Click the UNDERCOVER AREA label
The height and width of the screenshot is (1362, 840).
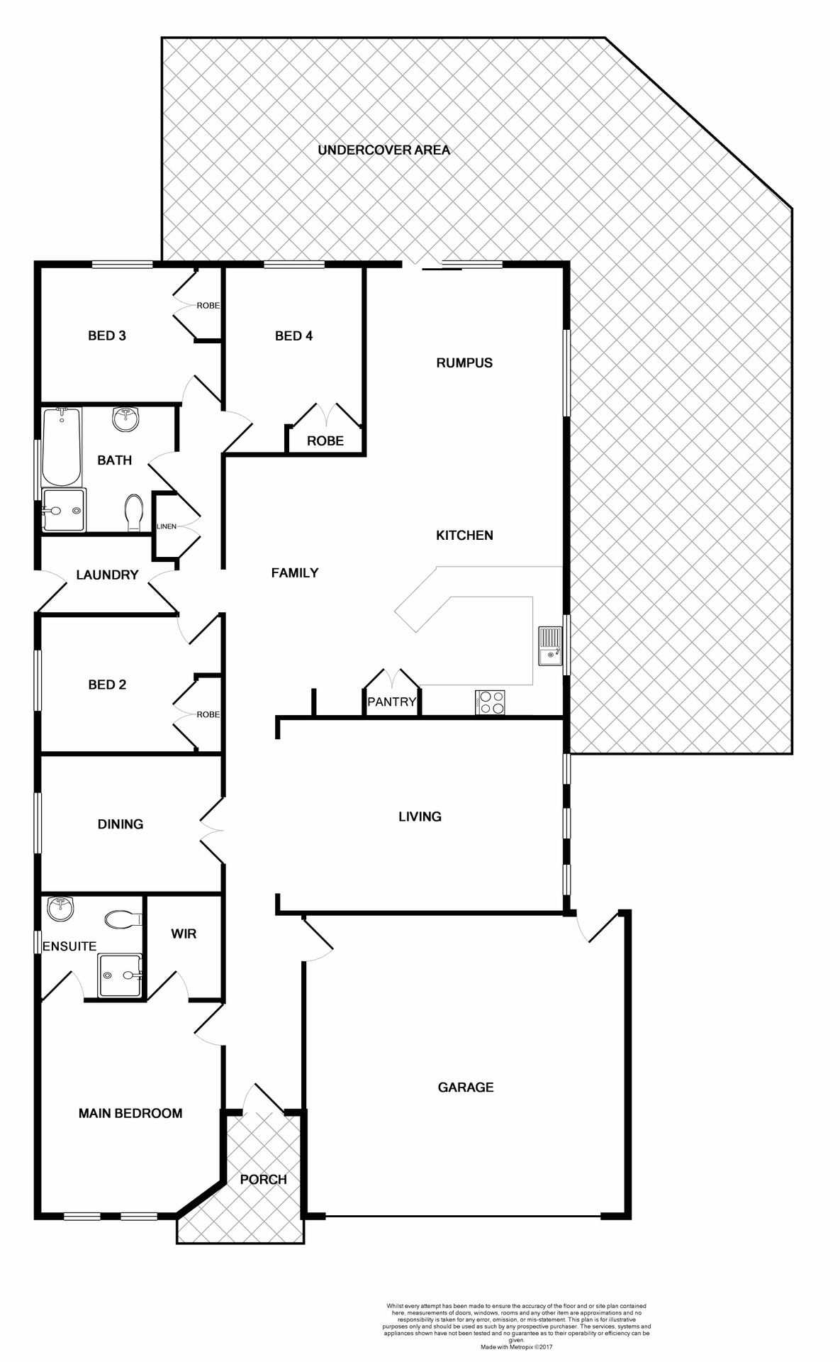383,150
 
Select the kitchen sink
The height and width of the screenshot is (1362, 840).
550,646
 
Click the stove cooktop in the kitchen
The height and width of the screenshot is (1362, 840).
491,702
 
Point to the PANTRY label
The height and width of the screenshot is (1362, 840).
391,702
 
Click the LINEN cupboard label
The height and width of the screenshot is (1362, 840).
167,526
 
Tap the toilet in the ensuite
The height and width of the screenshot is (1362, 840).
122,920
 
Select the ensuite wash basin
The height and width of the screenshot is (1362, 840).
60,909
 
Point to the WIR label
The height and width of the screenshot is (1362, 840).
184,934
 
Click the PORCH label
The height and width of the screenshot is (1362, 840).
263,1179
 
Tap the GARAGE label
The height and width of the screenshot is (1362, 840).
465,1087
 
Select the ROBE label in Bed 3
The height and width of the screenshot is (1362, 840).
208,306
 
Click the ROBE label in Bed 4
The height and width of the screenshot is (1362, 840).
325,441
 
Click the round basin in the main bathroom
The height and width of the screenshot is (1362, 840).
125,419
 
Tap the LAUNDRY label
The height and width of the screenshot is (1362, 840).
107,575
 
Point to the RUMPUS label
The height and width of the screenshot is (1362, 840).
464,362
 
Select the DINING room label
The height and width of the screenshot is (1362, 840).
121,824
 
